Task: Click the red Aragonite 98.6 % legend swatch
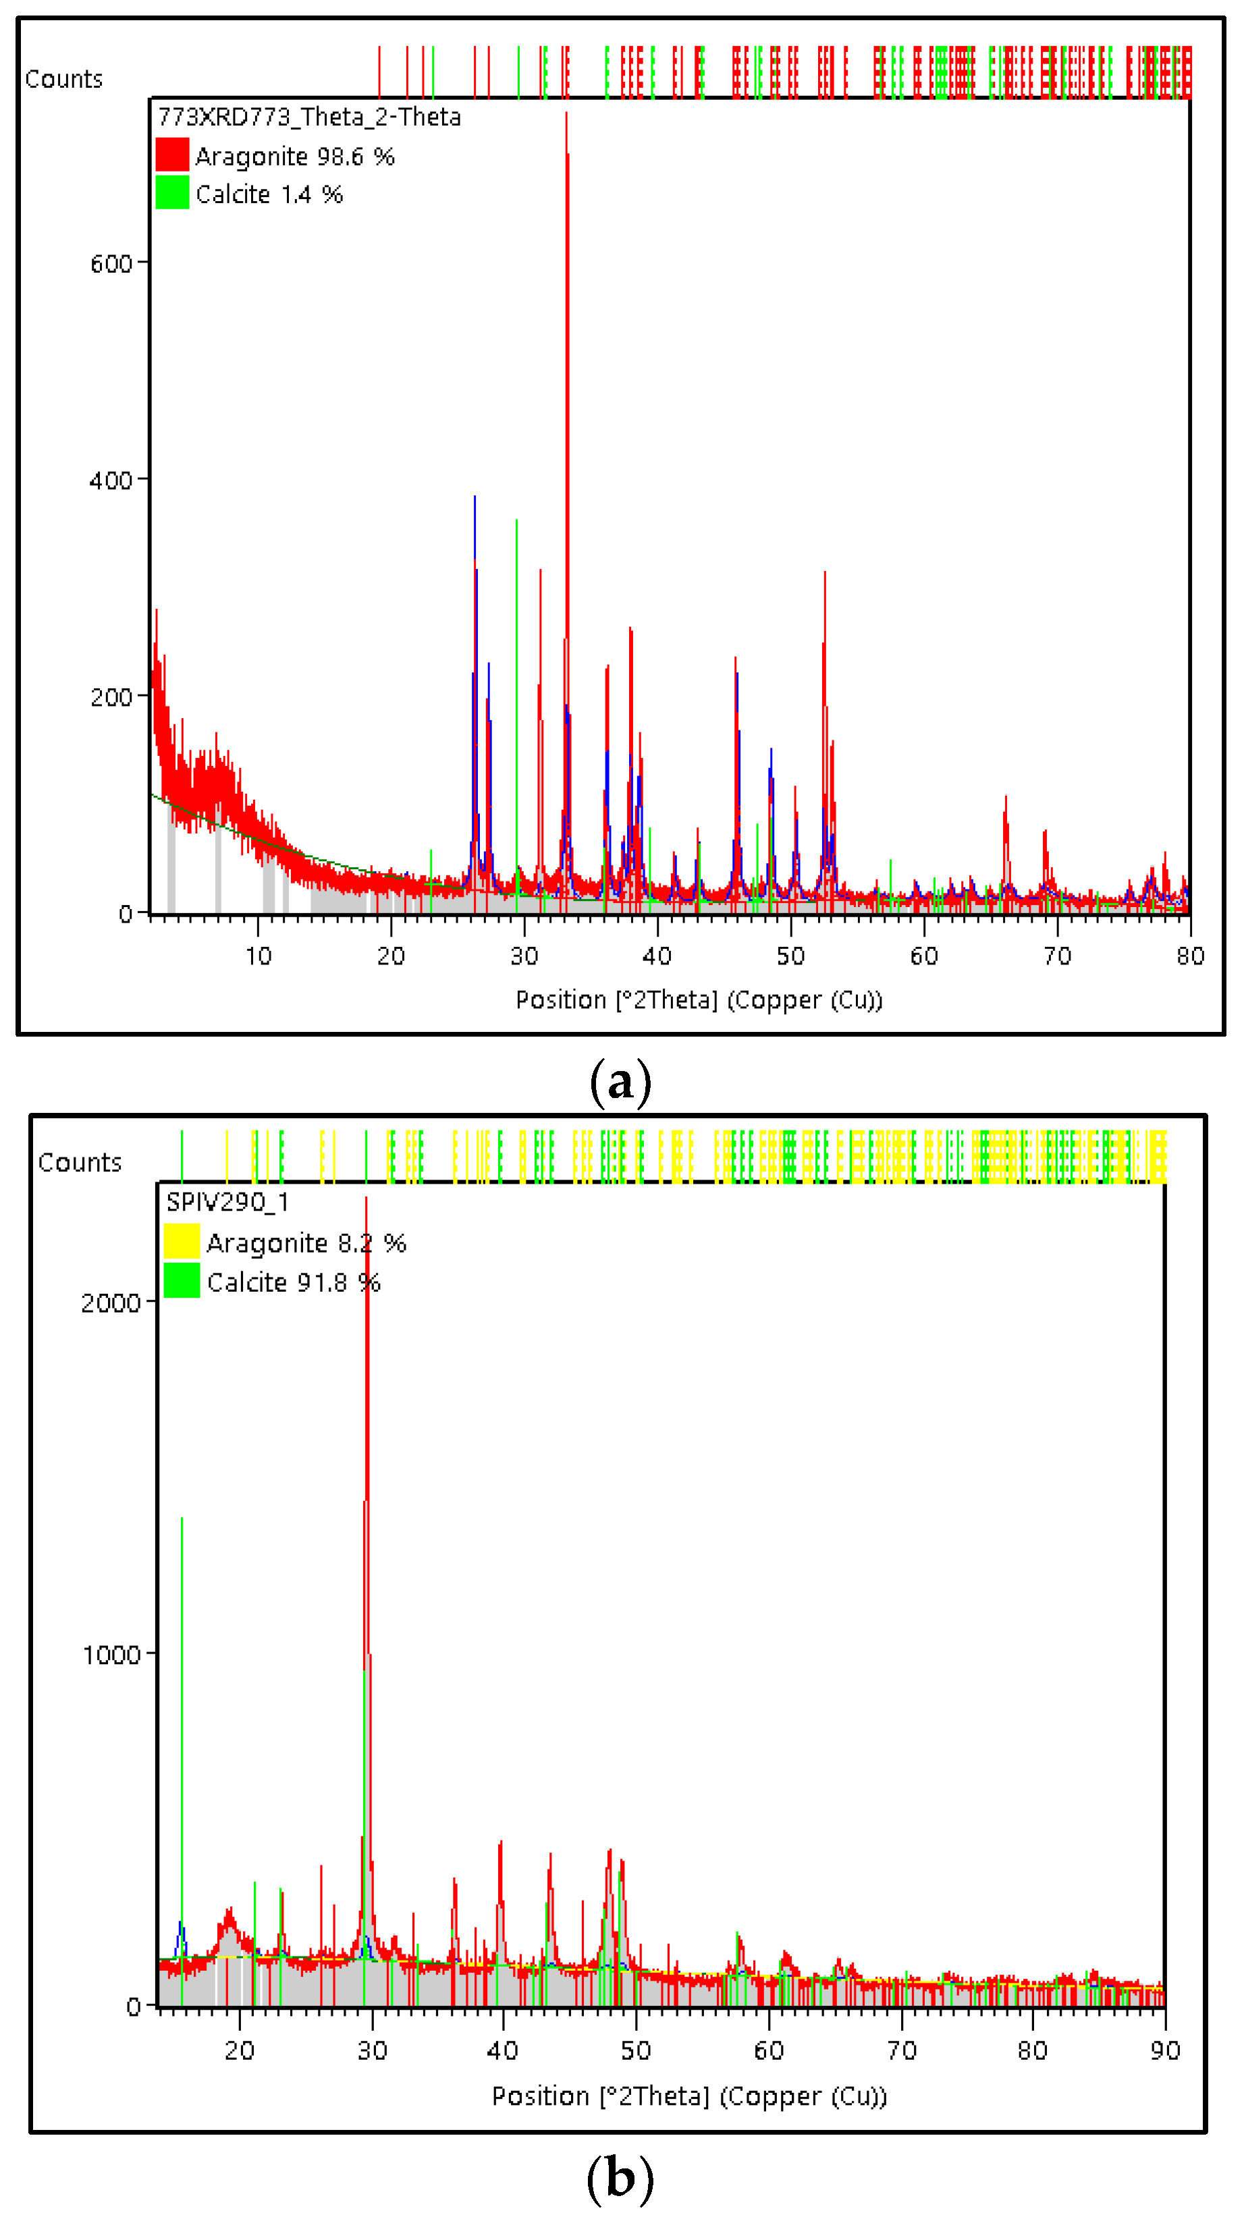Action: click(x=172, y=155)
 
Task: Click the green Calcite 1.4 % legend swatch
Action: click(x=172, y=193)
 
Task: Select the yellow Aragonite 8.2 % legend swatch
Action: click(x=182, y=1242)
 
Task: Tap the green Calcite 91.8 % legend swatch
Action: click(x=182, y=1281)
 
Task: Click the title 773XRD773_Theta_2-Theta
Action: click(x=309, y=117)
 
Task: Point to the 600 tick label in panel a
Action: click(x=111, y=263)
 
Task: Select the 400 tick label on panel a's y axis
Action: click(x=111, y=481)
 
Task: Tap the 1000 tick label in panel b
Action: click(x=110, y=1655)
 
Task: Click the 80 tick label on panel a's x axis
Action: click(x=1190, y=956)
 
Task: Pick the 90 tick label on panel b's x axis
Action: click(x=1165, y=2051)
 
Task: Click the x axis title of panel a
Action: click(x=699, y=1000)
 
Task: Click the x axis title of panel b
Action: click(x=688, y=2096)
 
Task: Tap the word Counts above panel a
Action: click(x=63, y=79)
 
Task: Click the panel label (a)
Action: click(x=621, y=1083)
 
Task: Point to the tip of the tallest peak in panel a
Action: click(x=566, y=113)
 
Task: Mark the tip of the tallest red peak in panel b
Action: click(x=366, y=1199)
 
